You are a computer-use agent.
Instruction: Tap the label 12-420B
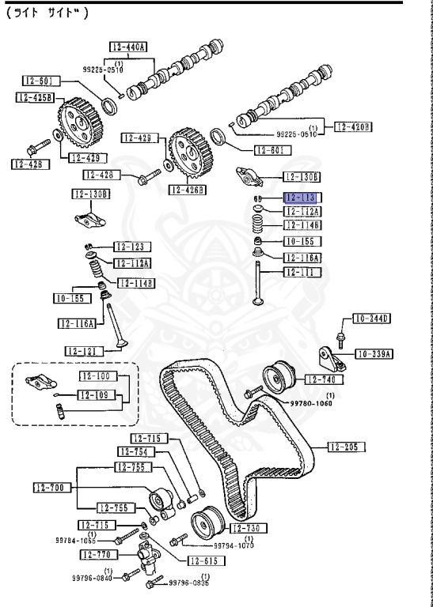pos(354,126)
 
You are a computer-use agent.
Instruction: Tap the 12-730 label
pos(249,528)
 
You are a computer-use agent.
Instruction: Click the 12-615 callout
pos(206,561)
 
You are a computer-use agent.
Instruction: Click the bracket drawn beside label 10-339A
pos(331,358)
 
